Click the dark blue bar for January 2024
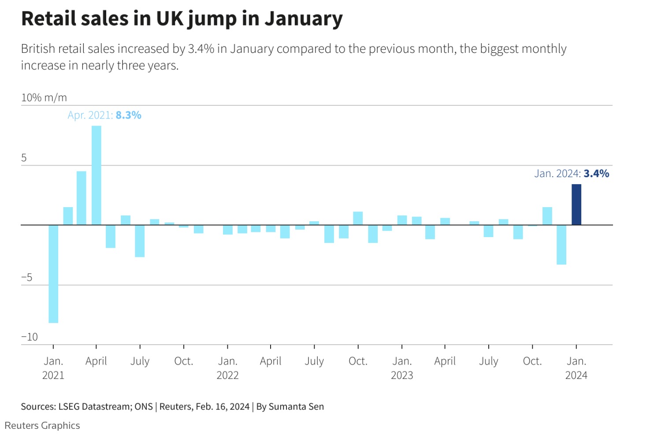576,204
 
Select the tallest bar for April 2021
96,175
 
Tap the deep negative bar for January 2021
53,274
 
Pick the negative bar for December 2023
561,245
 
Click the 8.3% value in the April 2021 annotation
128,115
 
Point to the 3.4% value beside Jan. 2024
596,174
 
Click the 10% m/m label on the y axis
44,97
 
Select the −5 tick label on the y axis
27,277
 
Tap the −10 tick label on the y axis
30,337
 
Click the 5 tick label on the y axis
24,158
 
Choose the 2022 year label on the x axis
227,375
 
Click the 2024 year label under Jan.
576,375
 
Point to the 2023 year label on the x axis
401,375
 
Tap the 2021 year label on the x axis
53,375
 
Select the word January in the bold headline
303,19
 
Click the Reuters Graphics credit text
42,426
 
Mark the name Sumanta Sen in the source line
296,407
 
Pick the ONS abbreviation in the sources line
144,407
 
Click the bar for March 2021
82,198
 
